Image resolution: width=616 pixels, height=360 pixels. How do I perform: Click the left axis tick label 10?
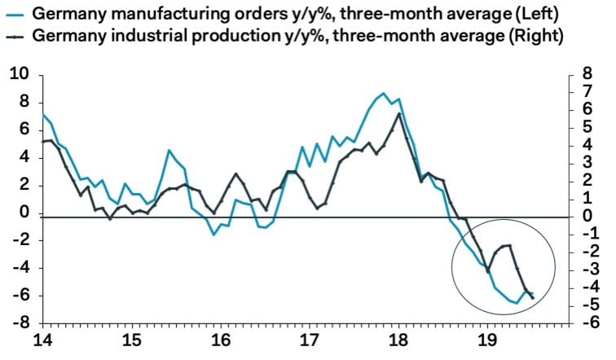point(18,75)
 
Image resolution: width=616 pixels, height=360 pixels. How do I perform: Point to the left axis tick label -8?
point(18,323)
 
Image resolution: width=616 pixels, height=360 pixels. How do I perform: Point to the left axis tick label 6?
point(23,130)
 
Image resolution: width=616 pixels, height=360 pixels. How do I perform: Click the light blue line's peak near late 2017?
point(383,94)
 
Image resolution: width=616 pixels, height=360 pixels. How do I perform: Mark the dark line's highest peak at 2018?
point(398,113)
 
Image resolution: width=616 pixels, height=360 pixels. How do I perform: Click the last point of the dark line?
point(533,297)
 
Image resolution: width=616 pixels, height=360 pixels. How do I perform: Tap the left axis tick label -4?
point(18,267)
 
